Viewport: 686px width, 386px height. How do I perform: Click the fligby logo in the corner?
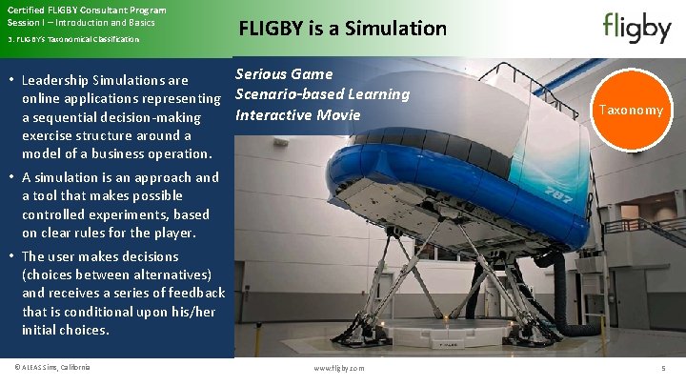(636, 28)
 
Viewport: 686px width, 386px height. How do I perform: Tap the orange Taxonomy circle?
(630, 111)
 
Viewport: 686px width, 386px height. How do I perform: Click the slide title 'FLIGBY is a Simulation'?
(342, 29)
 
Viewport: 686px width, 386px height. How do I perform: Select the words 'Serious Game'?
(284, 73)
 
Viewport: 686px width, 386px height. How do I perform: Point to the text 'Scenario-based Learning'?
(322, 93)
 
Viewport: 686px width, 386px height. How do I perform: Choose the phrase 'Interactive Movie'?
(298, 114)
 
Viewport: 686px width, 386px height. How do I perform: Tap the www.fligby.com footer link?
(338, 368)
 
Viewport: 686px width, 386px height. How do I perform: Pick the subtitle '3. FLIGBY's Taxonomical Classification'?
(73, 39)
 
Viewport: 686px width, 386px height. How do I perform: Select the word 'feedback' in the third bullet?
(194, 293)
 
